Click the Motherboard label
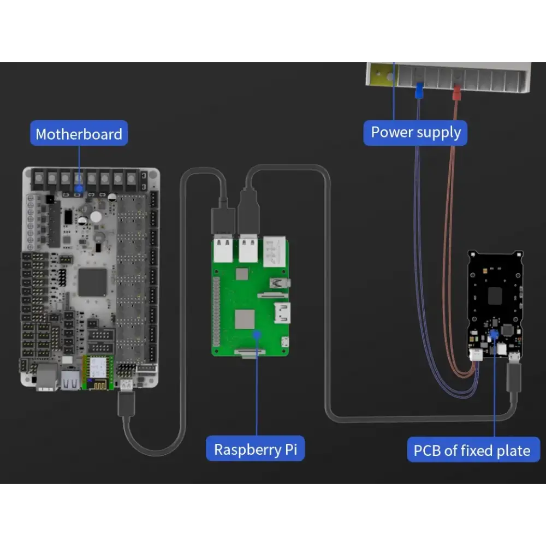click(79, 134)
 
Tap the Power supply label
click(416, 132)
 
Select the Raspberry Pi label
click(255, 449)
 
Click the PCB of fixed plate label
click(472, 450)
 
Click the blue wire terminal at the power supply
click(419, 90)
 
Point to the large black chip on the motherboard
click(92, 282)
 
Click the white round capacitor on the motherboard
click(96, 217)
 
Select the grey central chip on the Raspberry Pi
click(245, 319)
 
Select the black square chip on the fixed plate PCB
click(494, 295)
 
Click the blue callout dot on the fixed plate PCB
click(494, 333)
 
